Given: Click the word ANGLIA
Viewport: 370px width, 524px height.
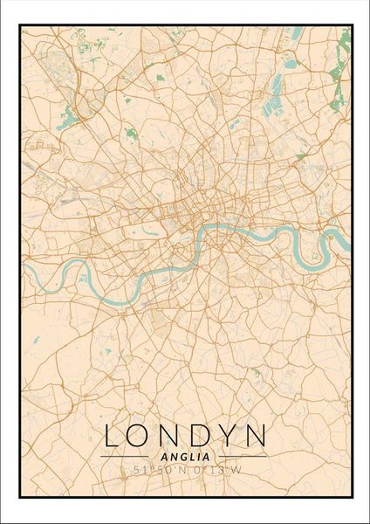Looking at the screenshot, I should [184, 456].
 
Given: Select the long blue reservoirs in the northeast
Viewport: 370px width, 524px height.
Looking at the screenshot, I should [278, 83].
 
